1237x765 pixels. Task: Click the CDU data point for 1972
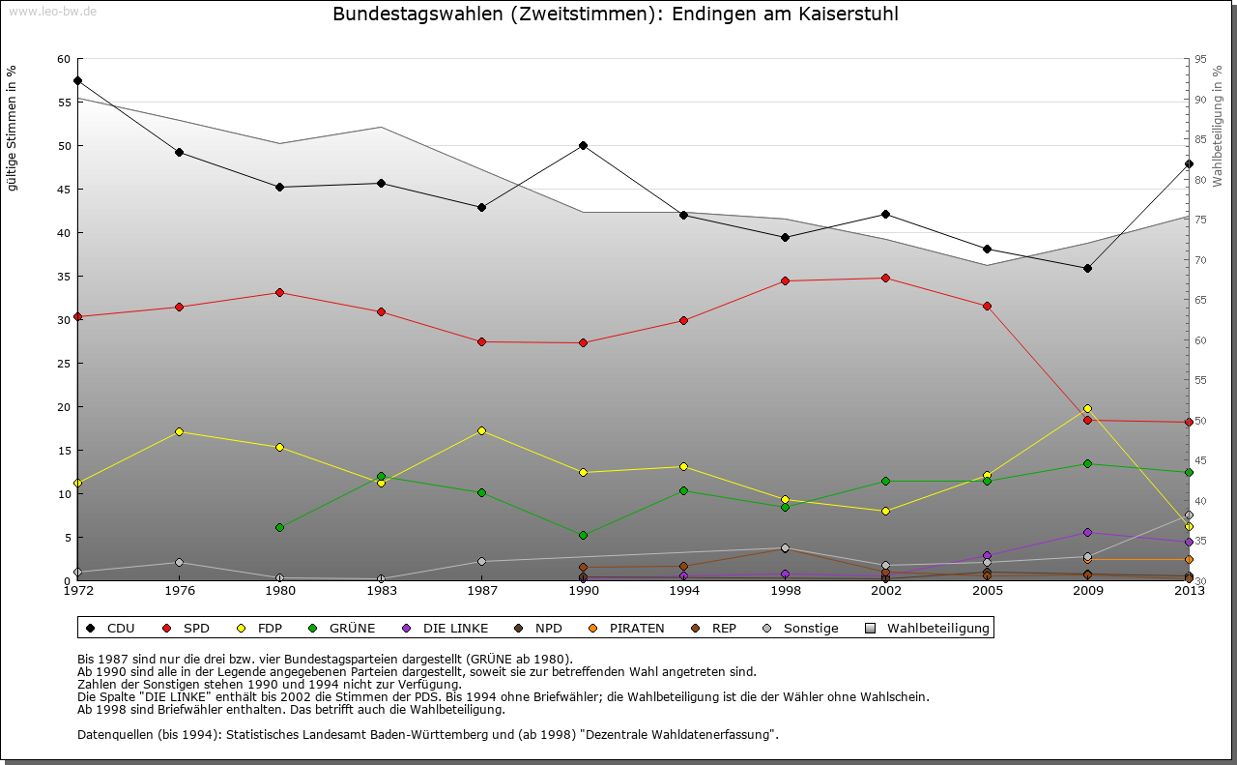[x=77, y=80]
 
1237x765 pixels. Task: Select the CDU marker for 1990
[x=583, y=145]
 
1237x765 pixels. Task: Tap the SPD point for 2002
[x=885, y=278]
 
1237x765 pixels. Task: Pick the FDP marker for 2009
[x=1087, y=408]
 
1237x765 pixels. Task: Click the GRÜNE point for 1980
[x=279, y=527]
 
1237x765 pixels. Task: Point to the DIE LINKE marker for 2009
[x=1087, y=532]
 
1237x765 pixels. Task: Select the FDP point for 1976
[x=179, y=431]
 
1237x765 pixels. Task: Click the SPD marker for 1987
[x=481, y=341]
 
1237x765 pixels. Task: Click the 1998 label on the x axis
[x=785, y=590]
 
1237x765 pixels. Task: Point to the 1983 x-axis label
[x=381, y=590]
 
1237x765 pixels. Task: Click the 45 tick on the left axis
[x=64, y=190]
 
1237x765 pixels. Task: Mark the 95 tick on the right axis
[x=1200, y=59]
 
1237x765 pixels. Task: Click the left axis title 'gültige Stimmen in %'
[x=13, y=128]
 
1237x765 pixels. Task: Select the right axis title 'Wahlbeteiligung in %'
[x=1218, y=127]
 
